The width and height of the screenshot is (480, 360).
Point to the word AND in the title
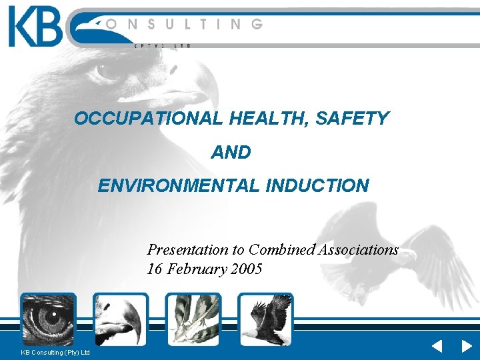click(x=231, y=153)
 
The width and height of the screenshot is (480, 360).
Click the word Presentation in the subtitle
click(x=187, y=250)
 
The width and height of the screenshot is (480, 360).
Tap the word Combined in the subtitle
click(x=281, y=250)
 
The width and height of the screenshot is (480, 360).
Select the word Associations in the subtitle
click(x=359, y=250)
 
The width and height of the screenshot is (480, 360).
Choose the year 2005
click(x=246, y=269)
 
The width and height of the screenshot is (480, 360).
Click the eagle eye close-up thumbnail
click(x=48, y=319)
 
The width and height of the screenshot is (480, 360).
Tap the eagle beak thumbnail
click(x=121, y=319)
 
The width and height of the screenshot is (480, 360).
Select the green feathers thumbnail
click(x=193, y=319)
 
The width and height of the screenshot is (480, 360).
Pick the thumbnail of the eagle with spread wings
click(x=266, y=319)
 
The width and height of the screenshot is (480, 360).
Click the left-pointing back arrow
click(x=437, y=347)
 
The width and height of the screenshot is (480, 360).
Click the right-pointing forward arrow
click(x=467, y=347)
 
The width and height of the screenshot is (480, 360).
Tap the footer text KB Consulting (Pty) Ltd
click(x=55, y=352)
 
